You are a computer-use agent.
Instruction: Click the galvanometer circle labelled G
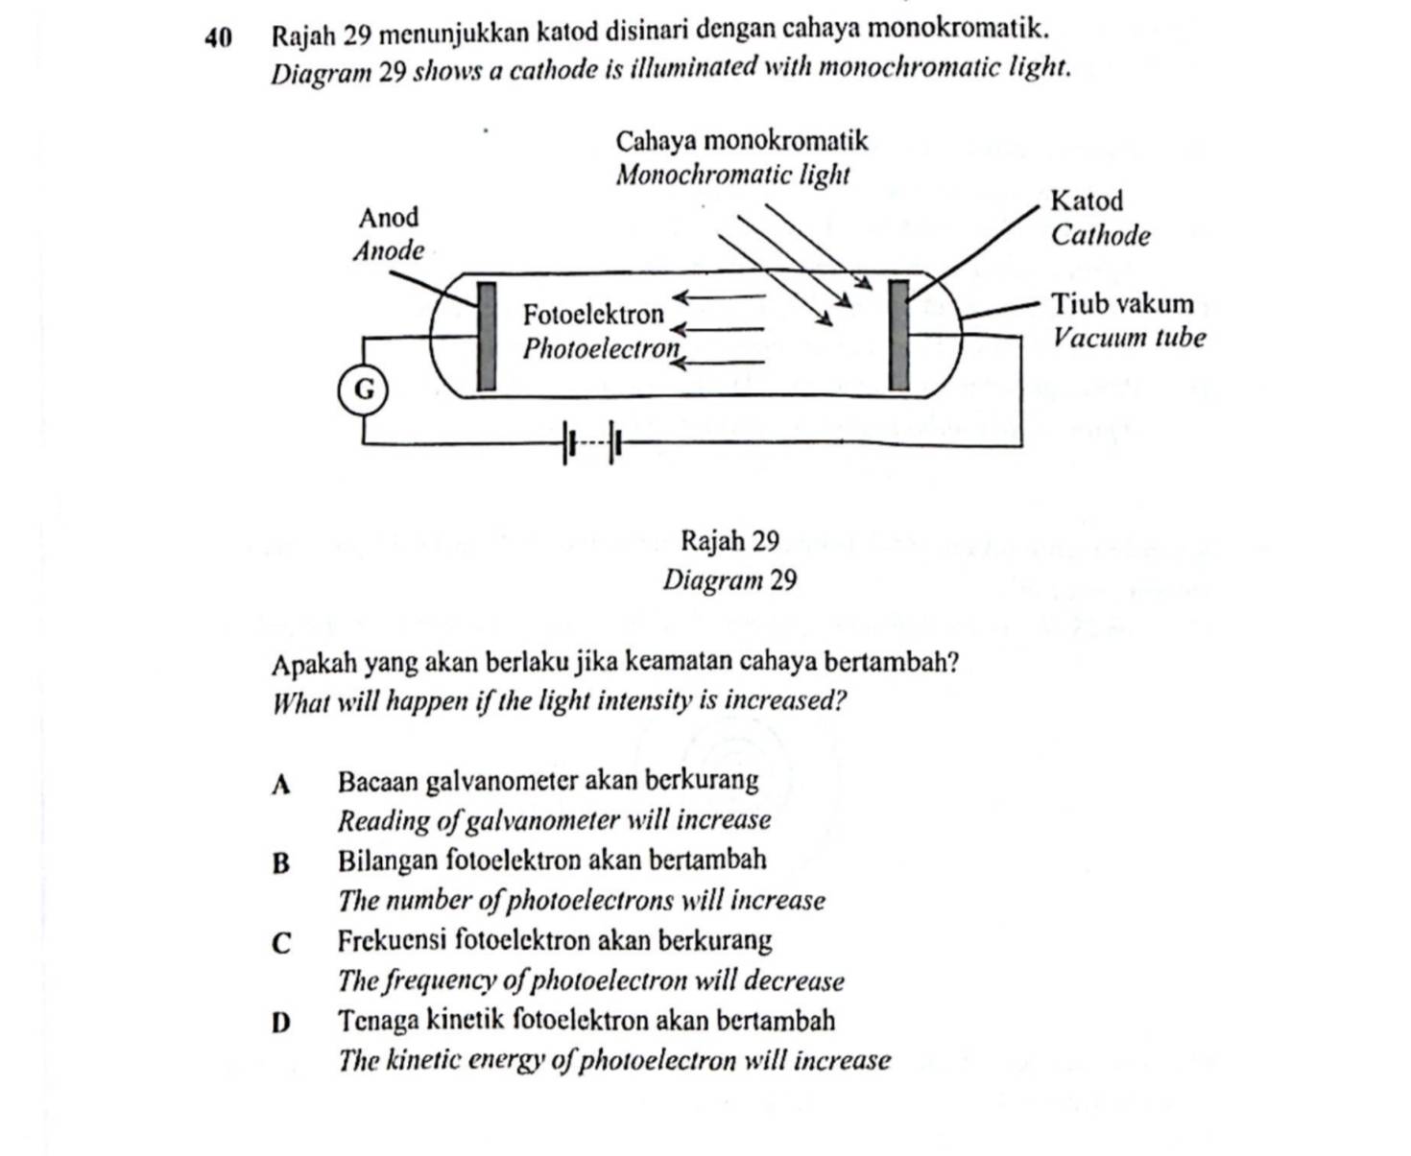[x=364, y=390]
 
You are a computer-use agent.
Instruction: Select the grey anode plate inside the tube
[x=488, y=336]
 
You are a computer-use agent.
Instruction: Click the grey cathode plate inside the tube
[x=898, y=335]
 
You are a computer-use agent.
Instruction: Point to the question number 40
[x=219, y=36]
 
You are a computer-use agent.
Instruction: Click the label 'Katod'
[x=1087, y=201]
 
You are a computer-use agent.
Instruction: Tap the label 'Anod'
[x=389, y=218]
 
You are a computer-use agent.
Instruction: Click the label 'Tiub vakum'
[x=1123, y=304]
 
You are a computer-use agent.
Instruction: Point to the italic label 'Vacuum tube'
[x=1129, y=338]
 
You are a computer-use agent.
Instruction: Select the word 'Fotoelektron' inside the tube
[x=593, y=315]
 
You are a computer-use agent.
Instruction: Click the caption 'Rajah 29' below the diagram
[x=729, y=542]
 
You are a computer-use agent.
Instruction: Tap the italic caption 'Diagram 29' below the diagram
[x=729, y=580]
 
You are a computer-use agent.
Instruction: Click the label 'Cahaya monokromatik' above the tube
[x=741, y=141]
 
